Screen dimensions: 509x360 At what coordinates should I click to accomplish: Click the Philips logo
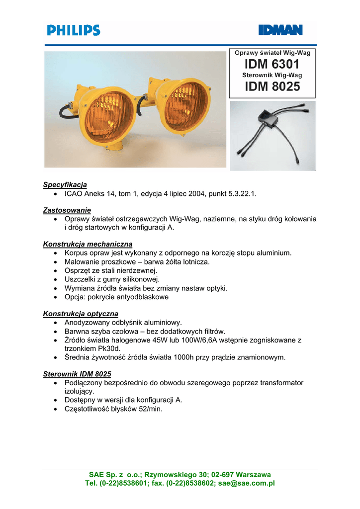pos(74,30)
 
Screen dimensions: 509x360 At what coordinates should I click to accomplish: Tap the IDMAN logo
pos(280,30)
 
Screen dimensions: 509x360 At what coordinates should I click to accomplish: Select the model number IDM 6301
pos(271,64)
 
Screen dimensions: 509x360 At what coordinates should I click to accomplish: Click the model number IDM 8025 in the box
pos(272,86)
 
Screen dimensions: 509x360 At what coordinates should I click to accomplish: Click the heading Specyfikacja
pos(65,185)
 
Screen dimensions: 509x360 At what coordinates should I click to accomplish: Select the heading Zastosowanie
pos(67,210)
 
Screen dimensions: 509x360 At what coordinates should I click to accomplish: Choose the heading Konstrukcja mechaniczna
pos(88,244)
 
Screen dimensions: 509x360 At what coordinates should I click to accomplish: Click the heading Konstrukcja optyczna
pos(81,314)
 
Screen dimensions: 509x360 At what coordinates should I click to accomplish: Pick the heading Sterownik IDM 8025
pos(77,374)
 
